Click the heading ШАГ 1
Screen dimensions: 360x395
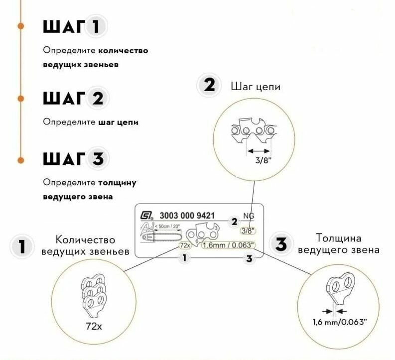coord(74,27)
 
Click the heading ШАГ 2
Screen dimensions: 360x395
coord(74,98)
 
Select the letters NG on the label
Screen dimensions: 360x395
coord(248,216)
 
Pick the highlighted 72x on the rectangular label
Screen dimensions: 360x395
coord(185,245)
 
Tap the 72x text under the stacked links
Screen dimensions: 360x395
coord(93,327)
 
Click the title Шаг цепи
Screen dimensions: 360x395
coord(256,87)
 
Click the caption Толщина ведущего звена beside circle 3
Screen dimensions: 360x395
coord(338,244)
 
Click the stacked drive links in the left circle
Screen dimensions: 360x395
coord(93,294)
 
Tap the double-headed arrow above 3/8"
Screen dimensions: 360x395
coord(259,150)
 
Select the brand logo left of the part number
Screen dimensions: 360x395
coord(146,216)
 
